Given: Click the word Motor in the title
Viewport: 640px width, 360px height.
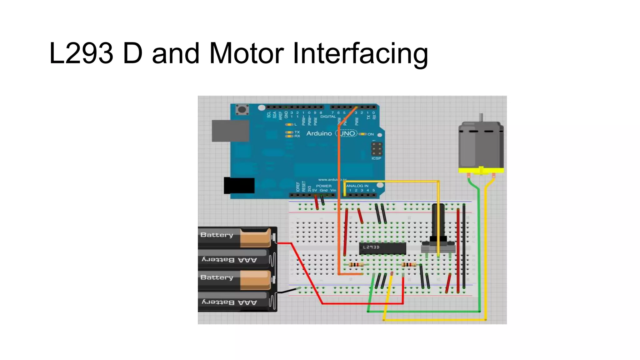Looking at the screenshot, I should pyautogui.click(x=246, y=53).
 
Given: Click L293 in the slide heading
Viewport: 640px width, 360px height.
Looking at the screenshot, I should pyautogui.click(x=81, y=53).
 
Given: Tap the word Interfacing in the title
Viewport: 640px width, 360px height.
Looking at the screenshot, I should pyautogui.click(x=360, y=53).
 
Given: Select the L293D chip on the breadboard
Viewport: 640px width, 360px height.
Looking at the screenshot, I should pyautogui.click(x=382, y=248).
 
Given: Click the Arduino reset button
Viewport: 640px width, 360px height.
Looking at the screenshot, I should pyautogui.click(x=242, y=110).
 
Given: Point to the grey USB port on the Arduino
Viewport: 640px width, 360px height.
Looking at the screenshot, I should pyautogui.click(x=230, y=131).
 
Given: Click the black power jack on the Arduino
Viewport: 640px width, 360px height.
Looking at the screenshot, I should pyautogui.click(x=239, y=186).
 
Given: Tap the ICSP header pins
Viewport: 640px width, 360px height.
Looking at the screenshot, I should pyautogui.click(x=377, y=149).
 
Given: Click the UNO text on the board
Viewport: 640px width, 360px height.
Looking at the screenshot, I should pyautogui.click(x=347, y=133).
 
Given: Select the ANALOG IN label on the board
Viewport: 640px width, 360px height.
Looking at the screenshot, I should pyautogui.click(x=357, y=186).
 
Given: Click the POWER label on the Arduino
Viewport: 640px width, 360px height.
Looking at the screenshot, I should pyautogui.click(x=323, y=186).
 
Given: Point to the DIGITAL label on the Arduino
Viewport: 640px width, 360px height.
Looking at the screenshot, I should pyautogui.click(x=328, y=117).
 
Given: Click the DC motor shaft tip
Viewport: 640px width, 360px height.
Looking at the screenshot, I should pyautogui.click(x=481, y=115).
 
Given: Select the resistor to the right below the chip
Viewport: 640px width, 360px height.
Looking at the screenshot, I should pyautogui.click(x=408, y=265).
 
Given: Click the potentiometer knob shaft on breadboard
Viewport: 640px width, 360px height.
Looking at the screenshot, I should pyautogui.click(x=438, y=219).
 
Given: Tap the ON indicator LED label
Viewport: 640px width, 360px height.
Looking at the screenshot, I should pyautogui.click(x=370, y=134).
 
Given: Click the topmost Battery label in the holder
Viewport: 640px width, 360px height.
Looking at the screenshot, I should pyautogui.click(x=217, y=235).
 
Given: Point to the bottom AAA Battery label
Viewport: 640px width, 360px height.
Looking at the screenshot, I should pyautogui.click(x=229, y=302).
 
